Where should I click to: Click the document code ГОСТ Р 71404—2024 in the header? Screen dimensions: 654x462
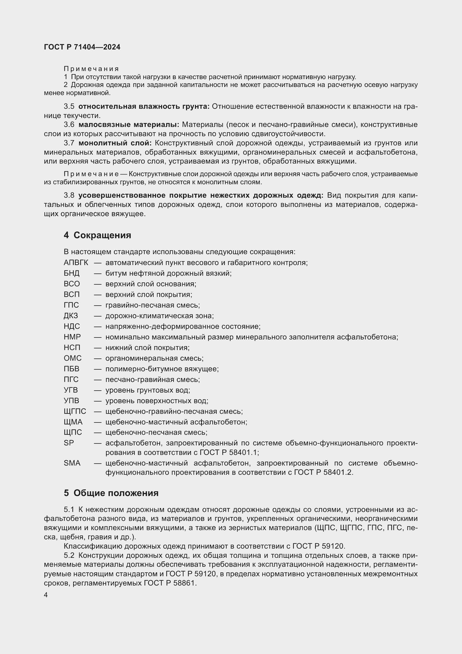[82, 47]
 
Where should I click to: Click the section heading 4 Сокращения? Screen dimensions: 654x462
[97, 235]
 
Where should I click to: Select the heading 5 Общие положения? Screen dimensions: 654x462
[111, 493]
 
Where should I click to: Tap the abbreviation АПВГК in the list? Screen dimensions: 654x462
[76, 262]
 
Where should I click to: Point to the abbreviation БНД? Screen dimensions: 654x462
[72, 273]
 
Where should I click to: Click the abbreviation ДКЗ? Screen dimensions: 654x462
[71, 316]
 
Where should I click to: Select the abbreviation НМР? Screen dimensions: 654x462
[72, 337]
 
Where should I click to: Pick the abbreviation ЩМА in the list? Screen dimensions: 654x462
[73, 422]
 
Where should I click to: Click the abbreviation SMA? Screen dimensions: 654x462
[72, 463]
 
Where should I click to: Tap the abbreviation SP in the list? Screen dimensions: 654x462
[69, 443]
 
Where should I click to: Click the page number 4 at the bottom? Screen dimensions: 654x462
[46, 595]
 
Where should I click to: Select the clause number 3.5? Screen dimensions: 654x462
[69, 107]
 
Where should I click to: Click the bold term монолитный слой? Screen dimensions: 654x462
[115, 143]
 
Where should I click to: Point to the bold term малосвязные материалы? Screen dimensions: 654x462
[128, 124]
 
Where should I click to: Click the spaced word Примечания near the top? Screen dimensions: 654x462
[91, 69]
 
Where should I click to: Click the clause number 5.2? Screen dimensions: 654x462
[69, 556]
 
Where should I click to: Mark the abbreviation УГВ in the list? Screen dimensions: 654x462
[71, 390]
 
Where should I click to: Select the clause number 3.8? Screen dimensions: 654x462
[69, 195]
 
